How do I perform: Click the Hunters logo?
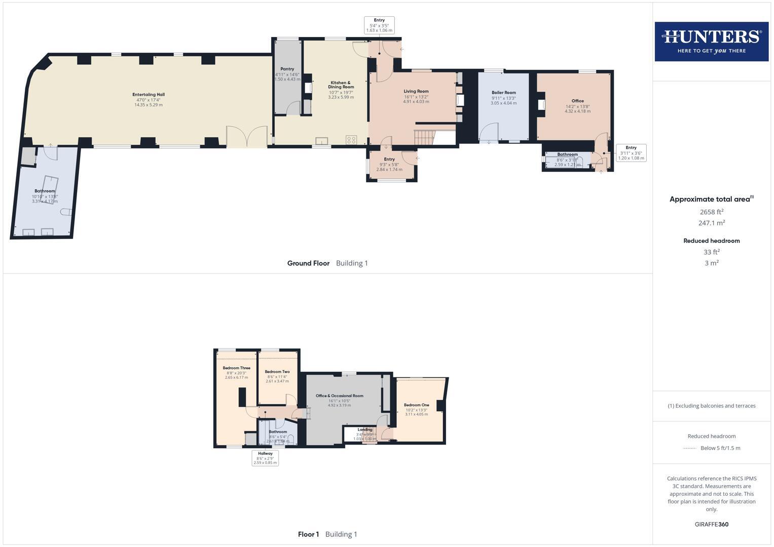(x=711, y=42)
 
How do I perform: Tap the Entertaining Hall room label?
(x=149, y=95)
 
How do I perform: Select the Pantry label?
(x=287, y=69)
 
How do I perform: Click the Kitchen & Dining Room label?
(x=341, y=85)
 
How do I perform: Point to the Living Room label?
(x=416, y=92)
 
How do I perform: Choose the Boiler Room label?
(x=503, y=93)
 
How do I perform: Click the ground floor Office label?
(x=577, y=101)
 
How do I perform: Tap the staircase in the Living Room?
(x=425, y=137)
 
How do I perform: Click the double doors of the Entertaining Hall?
(x=247, y=137)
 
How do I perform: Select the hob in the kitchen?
(x=351, y=139)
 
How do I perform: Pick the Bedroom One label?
(x=416, y=405)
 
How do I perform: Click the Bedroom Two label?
(x=277, y=372)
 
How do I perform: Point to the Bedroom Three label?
(x=236, y=368)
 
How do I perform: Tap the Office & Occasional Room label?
(x=339, y=396)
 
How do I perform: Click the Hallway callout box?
(x=265, y=458)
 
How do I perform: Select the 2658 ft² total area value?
(x=711, y=212)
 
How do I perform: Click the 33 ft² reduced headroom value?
(x=711, y=252)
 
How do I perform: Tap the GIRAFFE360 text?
(x=711, y=524)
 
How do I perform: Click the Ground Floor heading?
(x=308, y=263)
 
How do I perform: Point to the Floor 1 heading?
(x=308, y=534)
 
